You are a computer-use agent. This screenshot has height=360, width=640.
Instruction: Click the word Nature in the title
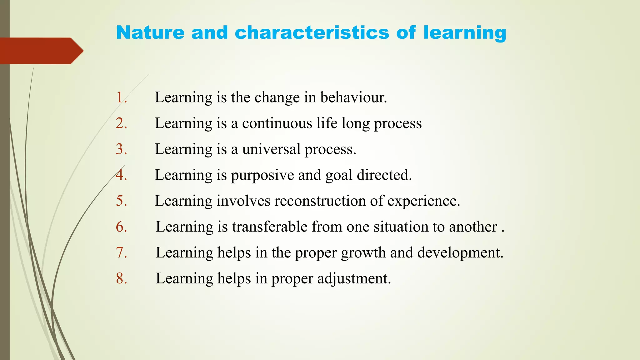(150, 32)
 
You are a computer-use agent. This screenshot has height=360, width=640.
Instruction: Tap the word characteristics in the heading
(312, 32)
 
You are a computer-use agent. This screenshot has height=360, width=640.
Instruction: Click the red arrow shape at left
(41, 51)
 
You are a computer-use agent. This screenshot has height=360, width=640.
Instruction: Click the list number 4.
(121, 175)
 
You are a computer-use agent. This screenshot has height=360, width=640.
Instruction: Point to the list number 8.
(121, 278)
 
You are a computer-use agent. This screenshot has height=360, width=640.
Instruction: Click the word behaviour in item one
(353, 97)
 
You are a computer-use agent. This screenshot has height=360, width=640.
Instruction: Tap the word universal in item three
(271, 149)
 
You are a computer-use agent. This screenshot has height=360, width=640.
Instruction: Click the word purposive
(262, 175)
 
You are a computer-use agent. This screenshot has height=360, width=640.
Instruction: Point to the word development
(460, 253)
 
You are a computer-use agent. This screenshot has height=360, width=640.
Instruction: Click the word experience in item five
(423, 201)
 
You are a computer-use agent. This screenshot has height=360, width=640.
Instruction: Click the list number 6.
(121, 227)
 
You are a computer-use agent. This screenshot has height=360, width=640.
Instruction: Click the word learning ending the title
(465, 33)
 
